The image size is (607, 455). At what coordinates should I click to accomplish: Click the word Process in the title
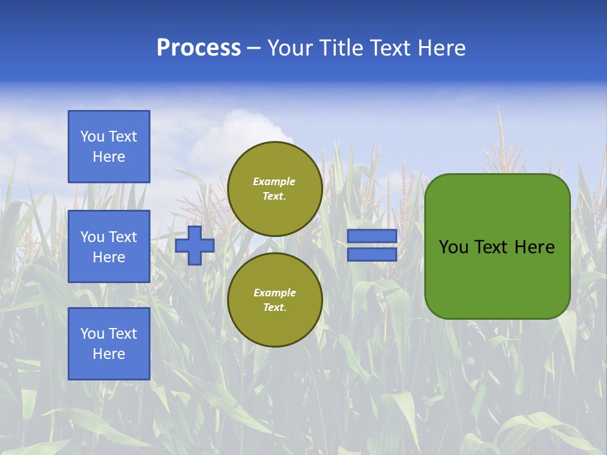coord(199,48)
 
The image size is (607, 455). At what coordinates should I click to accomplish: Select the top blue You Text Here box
coord(109,147)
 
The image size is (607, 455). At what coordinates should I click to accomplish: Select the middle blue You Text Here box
coord(109,246)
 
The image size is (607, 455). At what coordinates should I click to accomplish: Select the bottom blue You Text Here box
coord(109,344)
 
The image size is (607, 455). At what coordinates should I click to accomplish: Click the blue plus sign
coord(195,245)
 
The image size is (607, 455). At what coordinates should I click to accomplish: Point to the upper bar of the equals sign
coord(372,236)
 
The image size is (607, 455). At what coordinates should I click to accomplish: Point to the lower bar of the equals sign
coord(372,254)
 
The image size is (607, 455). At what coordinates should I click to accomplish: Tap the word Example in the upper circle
coord(274,181)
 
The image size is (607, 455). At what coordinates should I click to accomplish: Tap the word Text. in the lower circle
coord(274,307)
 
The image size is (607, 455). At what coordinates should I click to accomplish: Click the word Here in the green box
coord(534,247)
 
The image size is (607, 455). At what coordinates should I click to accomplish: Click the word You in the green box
coord(453,247)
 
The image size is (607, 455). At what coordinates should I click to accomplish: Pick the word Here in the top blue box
coord(109,157)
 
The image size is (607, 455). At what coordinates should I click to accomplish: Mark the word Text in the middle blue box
coord(123,237)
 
